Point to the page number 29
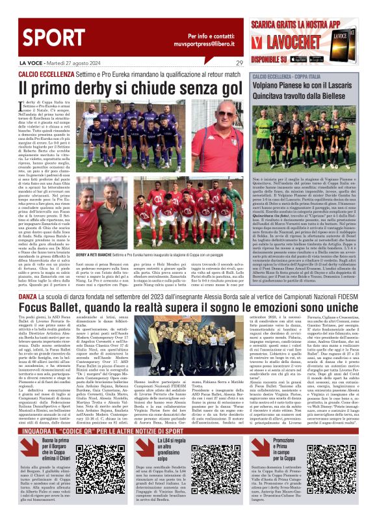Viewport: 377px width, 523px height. coord(240,64)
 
